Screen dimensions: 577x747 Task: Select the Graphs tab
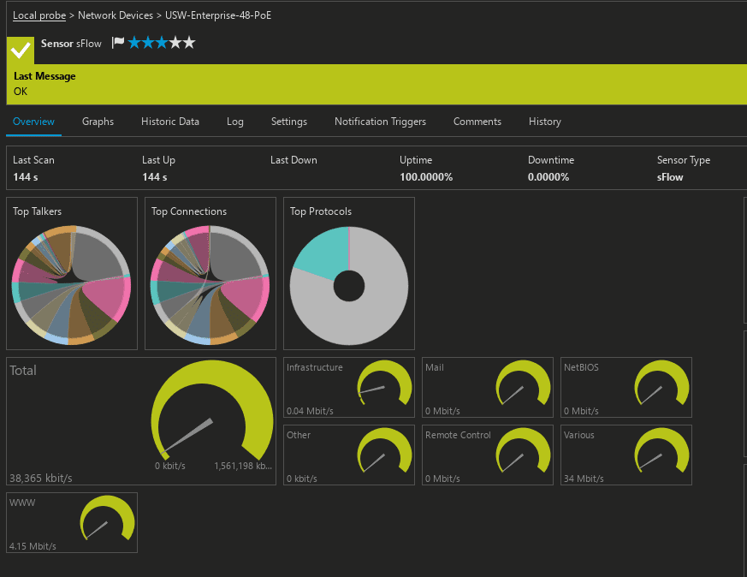tap(98, 122)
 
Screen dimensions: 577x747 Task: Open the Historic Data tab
tap(170, 122)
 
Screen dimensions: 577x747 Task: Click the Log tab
tap(235, 122)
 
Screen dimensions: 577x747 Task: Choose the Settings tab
tap(289, 122)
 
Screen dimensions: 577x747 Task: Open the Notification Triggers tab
tap(380, 122)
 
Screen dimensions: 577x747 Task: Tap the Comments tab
tap(477, 122)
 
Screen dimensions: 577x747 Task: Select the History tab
tap(545, 122)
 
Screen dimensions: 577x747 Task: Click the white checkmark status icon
tap(21, 51)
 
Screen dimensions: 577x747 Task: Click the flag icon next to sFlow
tap(118, 43)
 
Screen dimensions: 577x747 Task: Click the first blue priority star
tap(134, 43)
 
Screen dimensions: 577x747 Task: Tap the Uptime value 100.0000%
tap(426, 177)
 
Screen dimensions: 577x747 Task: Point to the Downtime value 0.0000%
tap(548, 177)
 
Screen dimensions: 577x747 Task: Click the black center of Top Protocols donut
tap(349, 285)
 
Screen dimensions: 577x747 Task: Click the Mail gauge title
tap(435, 367)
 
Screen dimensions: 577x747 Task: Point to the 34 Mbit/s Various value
tap(582, 479)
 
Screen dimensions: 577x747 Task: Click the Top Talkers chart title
tap(37, 211)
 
